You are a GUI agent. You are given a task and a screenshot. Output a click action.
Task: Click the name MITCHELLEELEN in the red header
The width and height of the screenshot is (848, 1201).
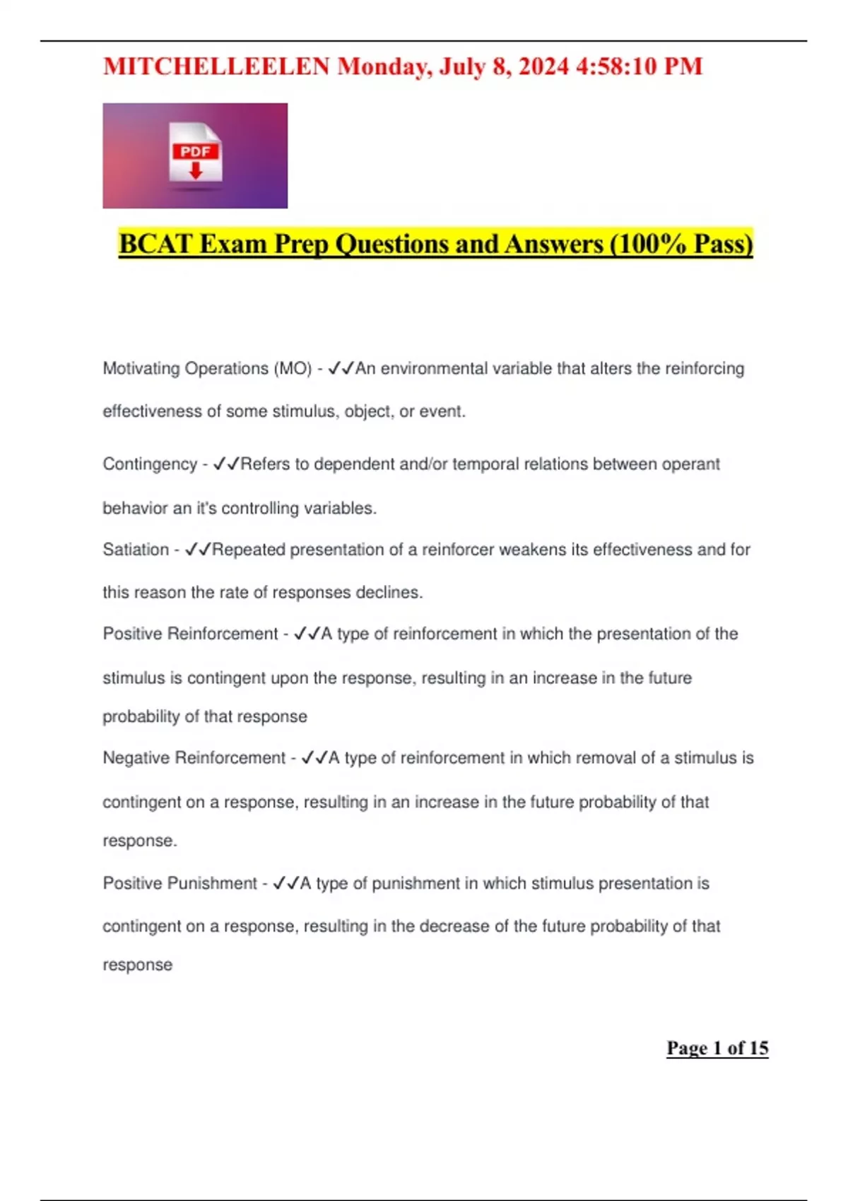pos(216,66)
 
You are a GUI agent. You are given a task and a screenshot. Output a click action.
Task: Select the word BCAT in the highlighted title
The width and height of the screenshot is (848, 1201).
pos(155,244)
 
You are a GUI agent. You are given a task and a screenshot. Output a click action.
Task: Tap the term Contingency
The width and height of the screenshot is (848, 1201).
pos(150,464)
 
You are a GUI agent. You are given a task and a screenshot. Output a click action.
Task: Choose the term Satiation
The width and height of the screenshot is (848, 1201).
pos(136,550)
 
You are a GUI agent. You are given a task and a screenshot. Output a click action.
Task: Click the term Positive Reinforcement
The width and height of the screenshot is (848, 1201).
pos(190,634)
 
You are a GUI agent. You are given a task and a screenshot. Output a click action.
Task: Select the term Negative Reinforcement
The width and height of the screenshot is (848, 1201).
pos(194,758)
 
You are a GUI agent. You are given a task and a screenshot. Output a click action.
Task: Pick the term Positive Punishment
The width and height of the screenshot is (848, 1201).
pos(179,883)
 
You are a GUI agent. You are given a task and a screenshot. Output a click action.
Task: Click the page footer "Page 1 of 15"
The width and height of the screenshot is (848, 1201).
pos(717,1048)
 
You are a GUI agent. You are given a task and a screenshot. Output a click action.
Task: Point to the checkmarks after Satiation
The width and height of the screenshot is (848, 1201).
pos(198,550)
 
